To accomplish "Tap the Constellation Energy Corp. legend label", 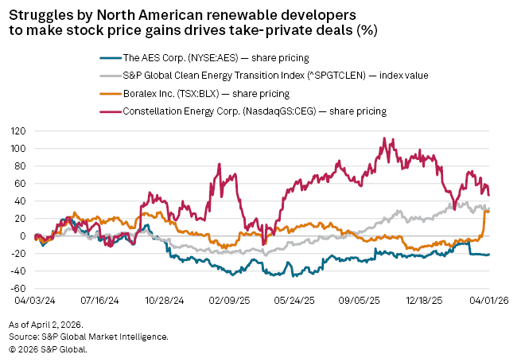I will click(x=255, y=111).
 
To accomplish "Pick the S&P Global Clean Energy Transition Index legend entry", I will click(x=275, y=76).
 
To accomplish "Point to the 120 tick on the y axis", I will click(x=17, y=131).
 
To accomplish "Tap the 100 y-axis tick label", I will click(x=17, y=149).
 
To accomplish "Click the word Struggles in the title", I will click(x=41, y=16).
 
